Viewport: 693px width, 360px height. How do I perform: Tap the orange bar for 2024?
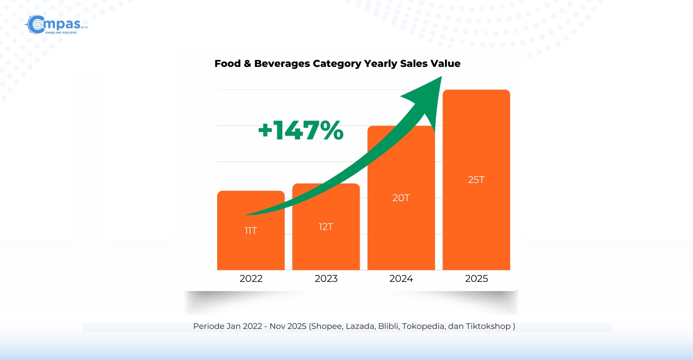point(401,233)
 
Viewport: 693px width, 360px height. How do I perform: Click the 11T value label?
point(251,231)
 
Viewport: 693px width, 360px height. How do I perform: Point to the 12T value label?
point(326,227)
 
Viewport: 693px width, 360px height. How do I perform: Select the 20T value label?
point(401,198)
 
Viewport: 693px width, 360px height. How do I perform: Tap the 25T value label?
point(476,180)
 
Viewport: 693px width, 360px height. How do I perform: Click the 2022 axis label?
point(251,278)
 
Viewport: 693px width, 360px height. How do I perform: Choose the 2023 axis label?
point(326,278)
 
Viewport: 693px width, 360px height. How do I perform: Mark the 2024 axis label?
point(401,278)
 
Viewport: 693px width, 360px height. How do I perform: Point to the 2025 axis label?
point(476,278)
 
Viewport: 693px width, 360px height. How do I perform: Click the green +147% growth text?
point(301,130)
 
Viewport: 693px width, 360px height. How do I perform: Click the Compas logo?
point(56,25)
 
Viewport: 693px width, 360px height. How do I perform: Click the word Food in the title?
point(228,63)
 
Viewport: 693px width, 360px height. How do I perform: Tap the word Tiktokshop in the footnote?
point(488,326)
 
